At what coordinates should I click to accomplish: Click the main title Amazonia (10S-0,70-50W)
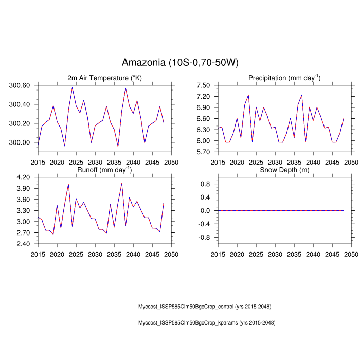tap(180, 63)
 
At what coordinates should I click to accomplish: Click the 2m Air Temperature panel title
tap(104, 78)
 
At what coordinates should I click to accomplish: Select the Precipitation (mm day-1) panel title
tap(284, 78)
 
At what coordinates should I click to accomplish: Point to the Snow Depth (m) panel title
tap(284, 170)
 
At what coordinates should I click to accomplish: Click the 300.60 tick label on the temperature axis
tap(20, 85)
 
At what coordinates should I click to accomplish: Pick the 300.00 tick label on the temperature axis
tap(20, 142)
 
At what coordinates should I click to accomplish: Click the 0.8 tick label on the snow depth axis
tap(205, 184)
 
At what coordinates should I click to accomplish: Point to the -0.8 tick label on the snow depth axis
tap(204, 238)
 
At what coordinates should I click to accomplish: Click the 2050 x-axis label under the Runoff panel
tap(171, 254)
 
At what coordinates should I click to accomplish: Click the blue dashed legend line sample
tap(108, 307)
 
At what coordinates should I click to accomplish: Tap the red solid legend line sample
tap(108, 323)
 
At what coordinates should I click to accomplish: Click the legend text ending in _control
tap(204, 307)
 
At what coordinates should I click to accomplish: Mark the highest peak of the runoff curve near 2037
tap(122, 183)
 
